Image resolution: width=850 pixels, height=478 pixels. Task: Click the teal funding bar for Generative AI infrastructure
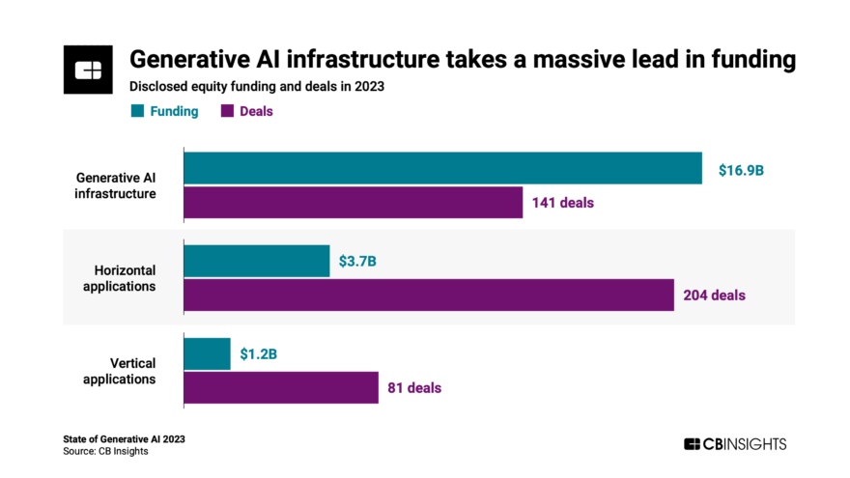[442, 168]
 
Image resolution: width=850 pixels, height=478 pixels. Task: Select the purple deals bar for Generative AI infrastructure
[353, 203]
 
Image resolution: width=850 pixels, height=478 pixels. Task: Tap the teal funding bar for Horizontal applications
[256, 261]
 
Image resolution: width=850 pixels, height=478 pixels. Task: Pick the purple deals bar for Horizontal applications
[428, 295]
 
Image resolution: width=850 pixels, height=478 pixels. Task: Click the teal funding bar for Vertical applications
[207, 352]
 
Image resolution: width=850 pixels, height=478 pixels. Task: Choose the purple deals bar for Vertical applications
[280, 387]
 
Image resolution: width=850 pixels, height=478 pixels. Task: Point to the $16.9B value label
[741, 170]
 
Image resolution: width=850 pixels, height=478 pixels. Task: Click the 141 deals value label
[562, 203]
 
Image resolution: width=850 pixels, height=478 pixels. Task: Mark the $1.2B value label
[259, 353]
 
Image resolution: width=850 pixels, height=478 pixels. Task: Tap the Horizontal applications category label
[124, 278]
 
